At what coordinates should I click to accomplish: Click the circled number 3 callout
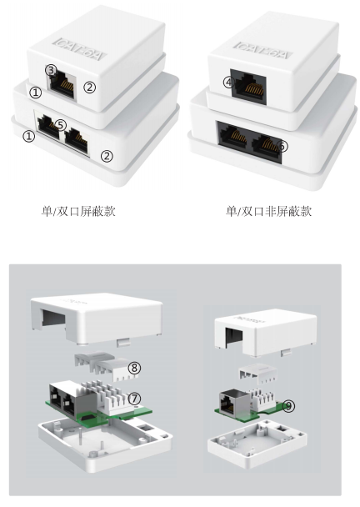click(51, 70)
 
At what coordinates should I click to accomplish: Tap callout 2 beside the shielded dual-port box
click(107, 155)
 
